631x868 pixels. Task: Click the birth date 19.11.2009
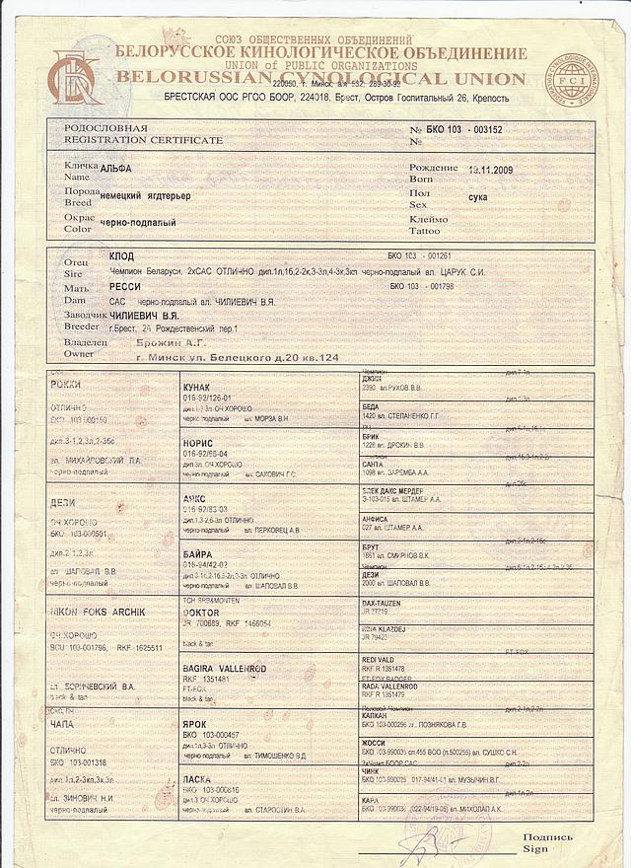498,169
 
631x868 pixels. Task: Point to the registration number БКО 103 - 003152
467,130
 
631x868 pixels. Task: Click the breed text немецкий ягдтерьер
145,195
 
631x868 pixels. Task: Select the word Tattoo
427,230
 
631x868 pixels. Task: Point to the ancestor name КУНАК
200,389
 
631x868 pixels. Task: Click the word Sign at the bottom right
534,847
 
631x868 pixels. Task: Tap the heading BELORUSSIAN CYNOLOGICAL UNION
320,77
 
